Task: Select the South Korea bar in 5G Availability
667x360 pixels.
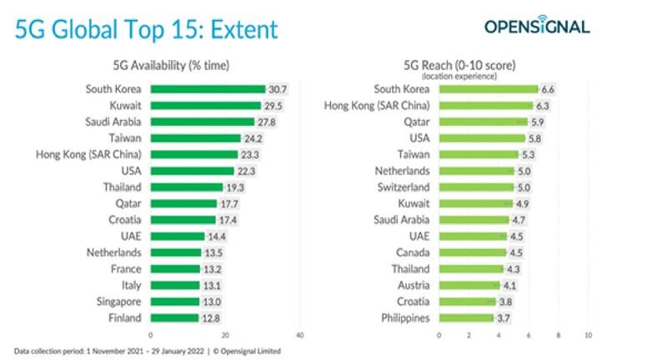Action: click(208, 89)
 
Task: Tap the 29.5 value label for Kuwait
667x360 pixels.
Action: click(273, 105)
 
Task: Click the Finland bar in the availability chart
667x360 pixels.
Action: click(174, 317)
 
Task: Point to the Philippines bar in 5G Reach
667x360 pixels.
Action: click(466, 317)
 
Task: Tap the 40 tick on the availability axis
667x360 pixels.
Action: click(299, 336)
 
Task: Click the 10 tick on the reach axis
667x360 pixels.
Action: click(588, 336)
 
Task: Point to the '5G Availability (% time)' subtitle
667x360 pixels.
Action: click(171, 65)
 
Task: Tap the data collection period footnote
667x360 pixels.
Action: click(147, 352)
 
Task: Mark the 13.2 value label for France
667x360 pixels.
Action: click(211, 268)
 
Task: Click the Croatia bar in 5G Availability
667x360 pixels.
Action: click(183, 219)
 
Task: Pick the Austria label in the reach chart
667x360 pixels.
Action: click(412, 285)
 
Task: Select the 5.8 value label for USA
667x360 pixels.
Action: click(537, 137)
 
